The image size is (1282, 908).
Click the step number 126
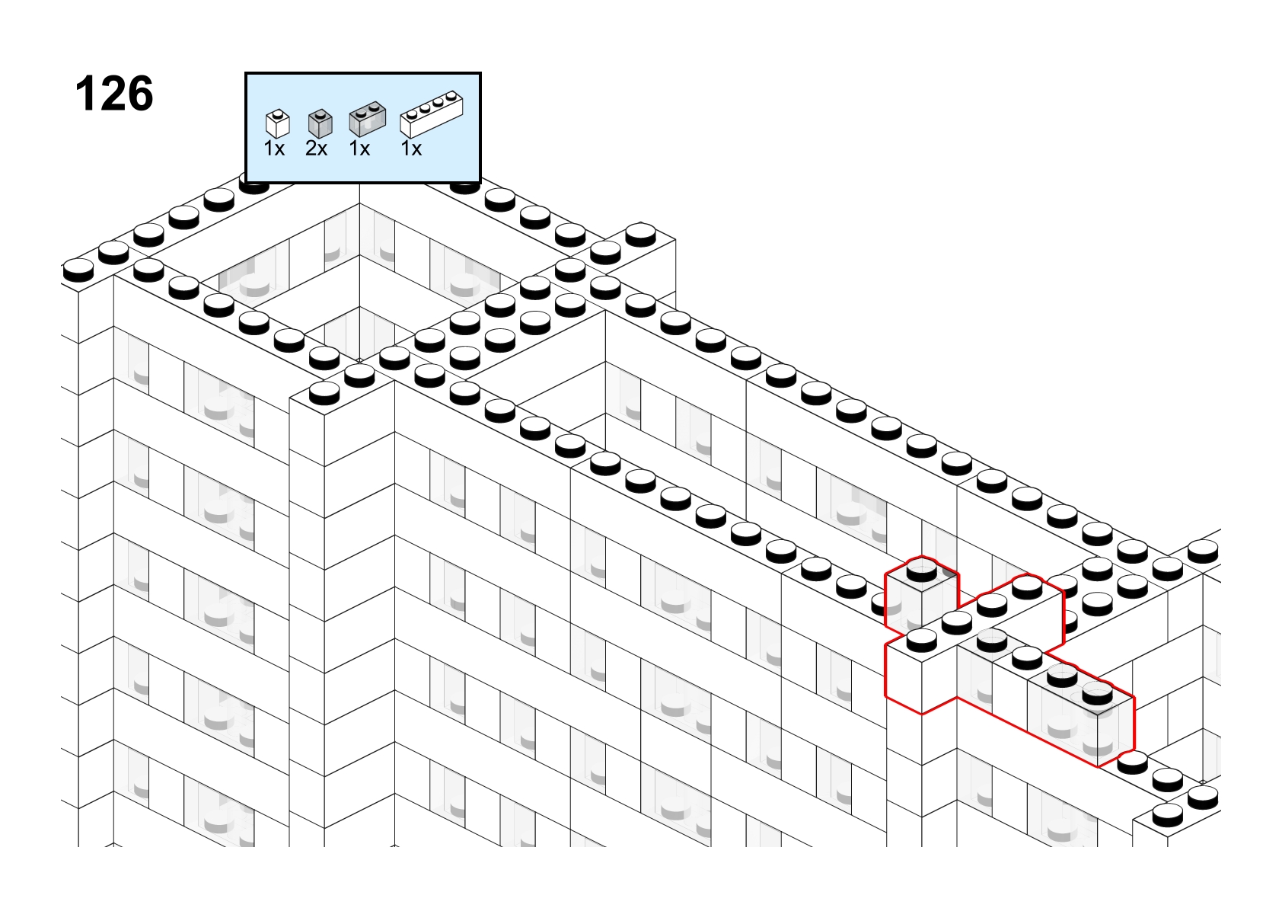114,94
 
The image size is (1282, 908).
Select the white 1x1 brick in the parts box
278,123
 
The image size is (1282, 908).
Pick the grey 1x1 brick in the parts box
320,123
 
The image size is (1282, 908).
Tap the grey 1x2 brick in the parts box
368,119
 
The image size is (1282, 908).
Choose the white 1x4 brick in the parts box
432,114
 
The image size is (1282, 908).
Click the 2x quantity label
317,149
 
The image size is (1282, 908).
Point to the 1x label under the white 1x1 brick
274,149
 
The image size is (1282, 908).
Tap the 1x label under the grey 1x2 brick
359,149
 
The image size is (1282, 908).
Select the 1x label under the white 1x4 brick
411,149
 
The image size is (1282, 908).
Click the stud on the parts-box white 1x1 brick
278,113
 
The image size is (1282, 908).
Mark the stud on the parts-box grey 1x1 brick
320,113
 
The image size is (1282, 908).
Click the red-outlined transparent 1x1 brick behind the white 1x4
921,596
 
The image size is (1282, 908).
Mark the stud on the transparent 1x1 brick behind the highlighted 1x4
921,571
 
